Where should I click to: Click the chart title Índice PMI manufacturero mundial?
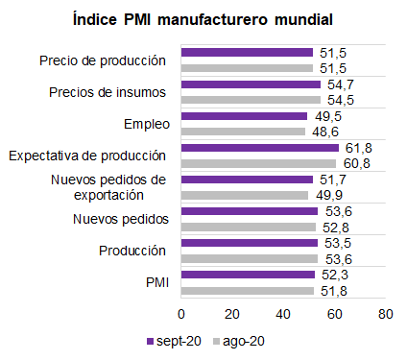[x=203, y=19]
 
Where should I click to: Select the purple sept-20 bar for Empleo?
[x=244, y=116]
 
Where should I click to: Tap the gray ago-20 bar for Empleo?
[x=243, y=132]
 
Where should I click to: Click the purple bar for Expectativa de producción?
[x=260, y=148]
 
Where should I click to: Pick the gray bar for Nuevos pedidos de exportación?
[x=245, y=195]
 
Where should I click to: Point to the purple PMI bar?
[x=248, y=275]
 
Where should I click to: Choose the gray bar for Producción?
[x=250, y=258]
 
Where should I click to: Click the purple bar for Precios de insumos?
[x=251, y=84]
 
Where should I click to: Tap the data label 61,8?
[x=359, y=148]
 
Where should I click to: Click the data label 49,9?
[x=329, y=195]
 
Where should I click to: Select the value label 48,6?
[x=325, y=132]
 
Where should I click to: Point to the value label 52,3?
[x=335, y=275]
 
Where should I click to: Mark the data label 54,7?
[x=341, y=84]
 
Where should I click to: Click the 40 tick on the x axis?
[x=283, y=314]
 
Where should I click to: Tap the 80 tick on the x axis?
[x=386, y=314]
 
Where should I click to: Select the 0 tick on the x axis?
[x=181, y=314]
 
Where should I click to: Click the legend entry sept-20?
[x=174, y=341]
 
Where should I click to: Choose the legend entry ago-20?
[x=239, y=341]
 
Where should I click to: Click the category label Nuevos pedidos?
[x=121, y=219]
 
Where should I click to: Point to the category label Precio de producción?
[x=103, y=60]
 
